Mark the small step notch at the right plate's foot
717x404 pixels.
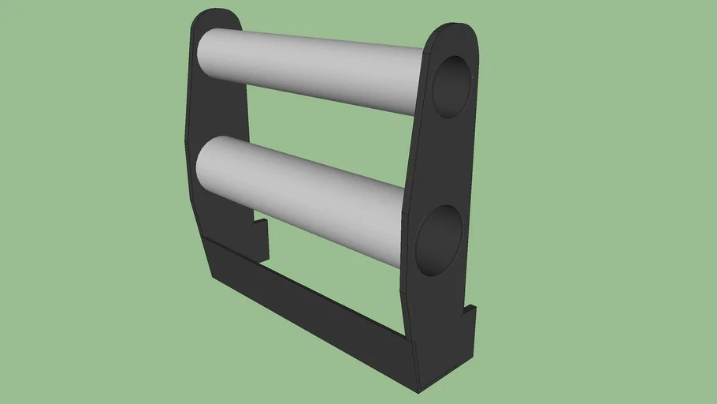[470, 312]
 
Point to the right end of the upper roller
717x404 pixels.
[422, 83]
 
